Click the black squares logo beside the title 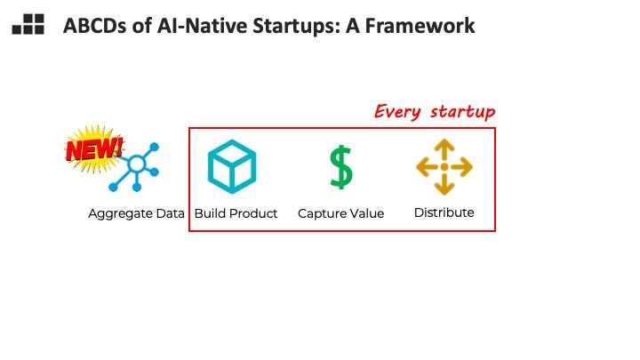(28, 24)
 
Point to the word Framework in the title (420, 26)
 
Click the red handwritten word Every (397, 112)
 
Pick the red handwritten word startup (462, 112)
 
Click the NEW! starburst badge (94, 148)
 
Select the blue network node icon (134, 167)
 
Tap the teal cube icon (232, 166)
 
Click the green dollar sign (340, 167)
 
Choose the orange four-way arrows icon (444, 166)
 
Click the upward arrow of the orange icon (444, 150)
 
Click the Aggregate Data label (136, 214)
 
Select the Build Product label (236, 213)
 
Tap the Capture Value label (340, 214)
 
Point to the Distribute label (444, 212)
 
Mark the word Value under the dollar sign (366, 213)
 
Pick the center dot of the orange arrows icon (444, 167)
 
